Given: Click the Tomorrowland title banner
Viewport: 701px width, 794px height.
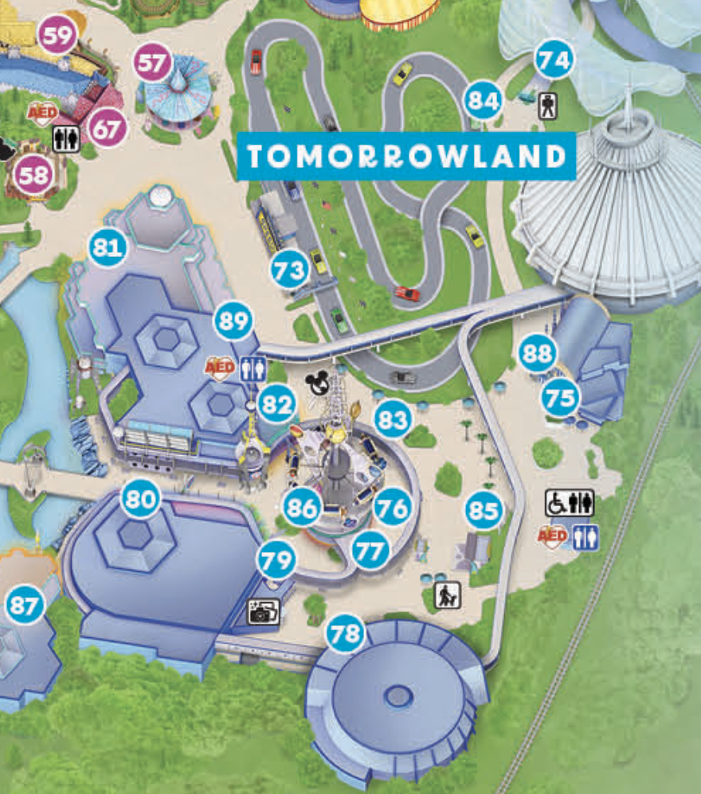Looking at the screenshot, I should coord(406,157).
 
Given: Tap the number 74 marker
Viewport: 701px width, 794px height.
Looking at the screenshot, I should coord(554,60).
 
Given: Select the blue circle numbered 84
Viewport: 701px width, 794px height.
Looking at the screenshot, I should coord(484,100).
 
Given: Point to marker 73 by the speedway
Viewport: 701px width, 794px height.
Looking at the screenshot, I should coord(289,271).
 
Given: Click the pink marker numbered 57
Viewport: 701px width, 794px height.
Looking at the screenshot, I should coord(153,64).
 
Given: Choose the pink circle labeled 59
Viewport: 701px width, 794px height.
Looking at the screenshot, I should coord(59,36).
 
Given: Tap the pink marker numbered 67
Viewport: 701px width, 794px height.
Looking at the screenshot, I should coord(107,128).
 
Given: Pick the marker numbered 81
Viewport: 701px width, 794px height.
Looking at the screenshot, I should coord(108,248).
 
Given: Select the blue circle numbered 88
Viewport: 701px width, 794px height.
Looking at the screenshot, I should coord(538,354).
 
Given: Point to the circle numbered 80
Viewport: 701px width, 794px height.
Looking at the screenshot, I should coord(140,500).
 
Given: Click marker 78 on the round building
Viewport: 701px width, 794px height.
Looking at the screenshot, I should coord(347,634).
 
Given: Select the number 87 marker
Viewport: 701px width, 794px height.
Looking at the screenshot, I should coord(25,607).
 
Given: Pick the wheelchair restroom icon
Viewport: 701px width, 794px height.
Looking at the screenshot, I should coord(570,503).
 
